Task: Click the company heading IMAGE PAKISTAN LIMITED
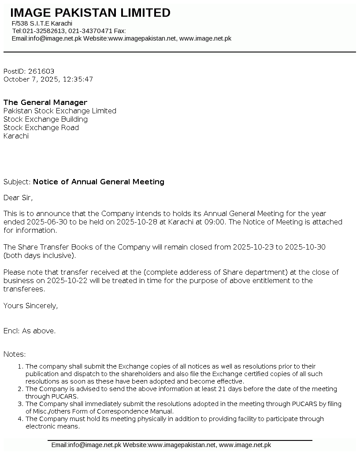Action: pos(90,13)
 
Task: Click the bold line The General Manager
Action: pos(45,103)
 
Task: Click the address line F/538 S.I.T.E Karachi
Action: pos(42,23)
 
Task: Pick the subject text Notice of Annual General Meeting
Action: pos(99,182)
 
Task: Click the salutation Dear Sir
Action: pos(18,198)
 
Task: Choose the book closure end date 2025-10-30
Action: pos(305,247)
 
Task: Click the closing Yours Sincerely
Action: pos(30,306)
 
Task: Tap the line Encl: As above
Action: pos(30,331)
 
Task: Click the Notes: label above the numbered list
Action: pos(15,354)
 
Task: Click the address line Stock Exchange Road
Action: pos(41,128)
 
